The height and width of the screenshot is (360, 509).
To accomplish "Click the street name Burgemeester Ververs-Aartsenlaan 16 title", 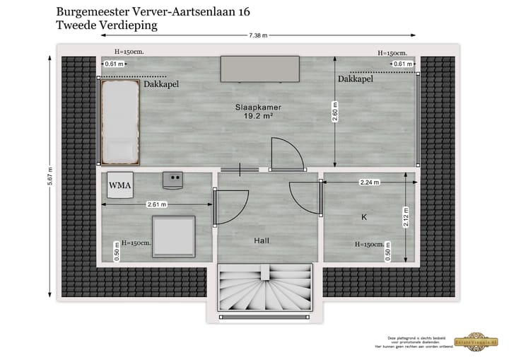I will point(152,12).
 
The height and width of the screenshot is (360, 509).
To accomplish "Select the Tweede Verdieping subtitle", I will point(106,25).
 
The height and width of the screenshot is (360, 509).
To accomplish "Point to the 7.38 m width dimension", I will point(258,35).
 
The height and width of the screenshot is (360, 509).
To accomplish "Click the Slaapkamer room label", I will point(254,107).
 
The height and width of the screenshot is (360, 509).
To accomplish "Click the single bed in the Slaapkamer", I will point(119,121).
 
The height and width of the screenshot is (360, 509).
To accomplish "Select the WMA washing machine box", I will point(119,187).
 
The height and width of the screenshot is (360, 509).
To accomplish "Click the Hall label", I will point(262,241).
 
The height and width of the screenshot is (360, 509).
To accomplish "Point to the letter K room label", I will point(364,217).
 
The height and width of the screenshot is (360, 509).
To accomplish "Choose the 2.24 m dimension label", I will point(369,182).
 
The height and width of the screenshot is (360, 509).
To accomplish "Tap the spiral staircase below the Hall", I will point(265,288).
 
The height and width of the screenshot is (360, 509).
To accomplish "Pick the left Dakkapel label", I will point(161,84).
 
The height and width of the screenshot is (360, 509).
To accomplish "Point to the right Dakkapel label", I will point(355,80).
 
